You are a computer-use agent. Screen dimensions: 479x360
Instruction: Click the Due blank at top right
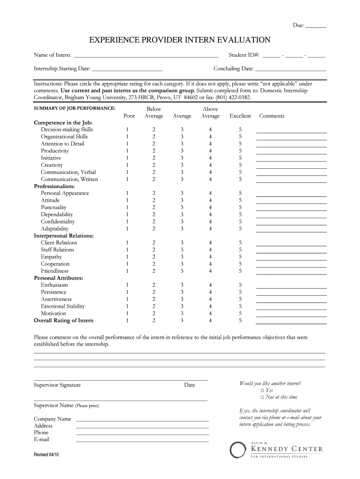(x=316, y=26)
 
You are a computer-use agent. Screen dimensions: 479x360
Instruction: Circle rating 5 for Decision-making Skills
(x=240, y=130)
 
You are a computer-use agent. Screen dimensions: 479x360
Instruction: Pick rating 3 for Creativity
(x=182, y=165)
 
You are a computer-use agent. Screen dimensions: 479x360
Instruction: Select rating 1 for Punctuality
(x=126, y=207)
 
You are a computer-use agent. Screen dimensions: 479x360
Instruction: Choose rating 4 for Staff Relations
(x=210, y=250)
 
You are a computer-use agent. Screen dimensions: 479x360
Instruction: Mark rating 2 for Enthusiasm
(x=153, y=285)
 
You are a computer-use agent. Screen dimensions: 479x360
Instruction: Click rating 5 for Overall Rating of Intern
(x=240, y=320)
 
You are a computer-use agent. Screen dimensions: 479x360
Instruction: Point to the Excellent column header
(x=240, y=116)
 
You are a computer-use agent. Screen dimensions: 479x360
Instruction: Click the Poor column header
(x=129, y=116)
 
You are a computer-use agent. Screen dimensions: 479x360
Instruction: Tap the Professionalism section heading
(x=55, y=186)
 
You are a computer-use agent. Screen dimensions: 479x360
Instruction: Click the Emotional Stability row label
(x=63, y=306)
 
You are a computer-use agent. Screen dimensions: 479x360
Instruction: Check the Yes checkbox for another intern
(x=262, y=390)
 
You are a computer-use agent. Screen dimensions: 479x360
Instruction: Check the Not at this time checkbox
(x=262, y=397)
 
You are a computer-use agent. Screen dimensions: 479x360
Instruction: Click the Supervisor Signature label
(x=57, y=385)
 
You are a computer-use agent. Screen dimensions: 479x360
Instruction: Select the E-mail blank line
(x=142, y=441)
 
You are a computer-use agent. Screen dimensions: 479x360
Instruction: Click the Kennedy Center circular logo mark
(x=238, y=450)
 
